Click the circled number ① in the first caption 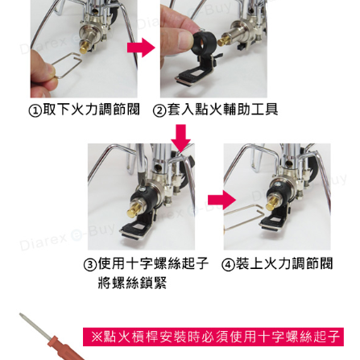tap(35, 110)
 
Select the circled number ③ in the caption tap(90, 265)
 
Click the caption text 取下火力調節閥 tap(91, 110)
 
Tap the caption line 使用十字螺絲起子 tap(153, 264)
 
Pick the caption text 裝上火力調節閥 tap(284, 264)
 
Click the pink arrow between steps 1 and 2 tap(141, 48)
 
